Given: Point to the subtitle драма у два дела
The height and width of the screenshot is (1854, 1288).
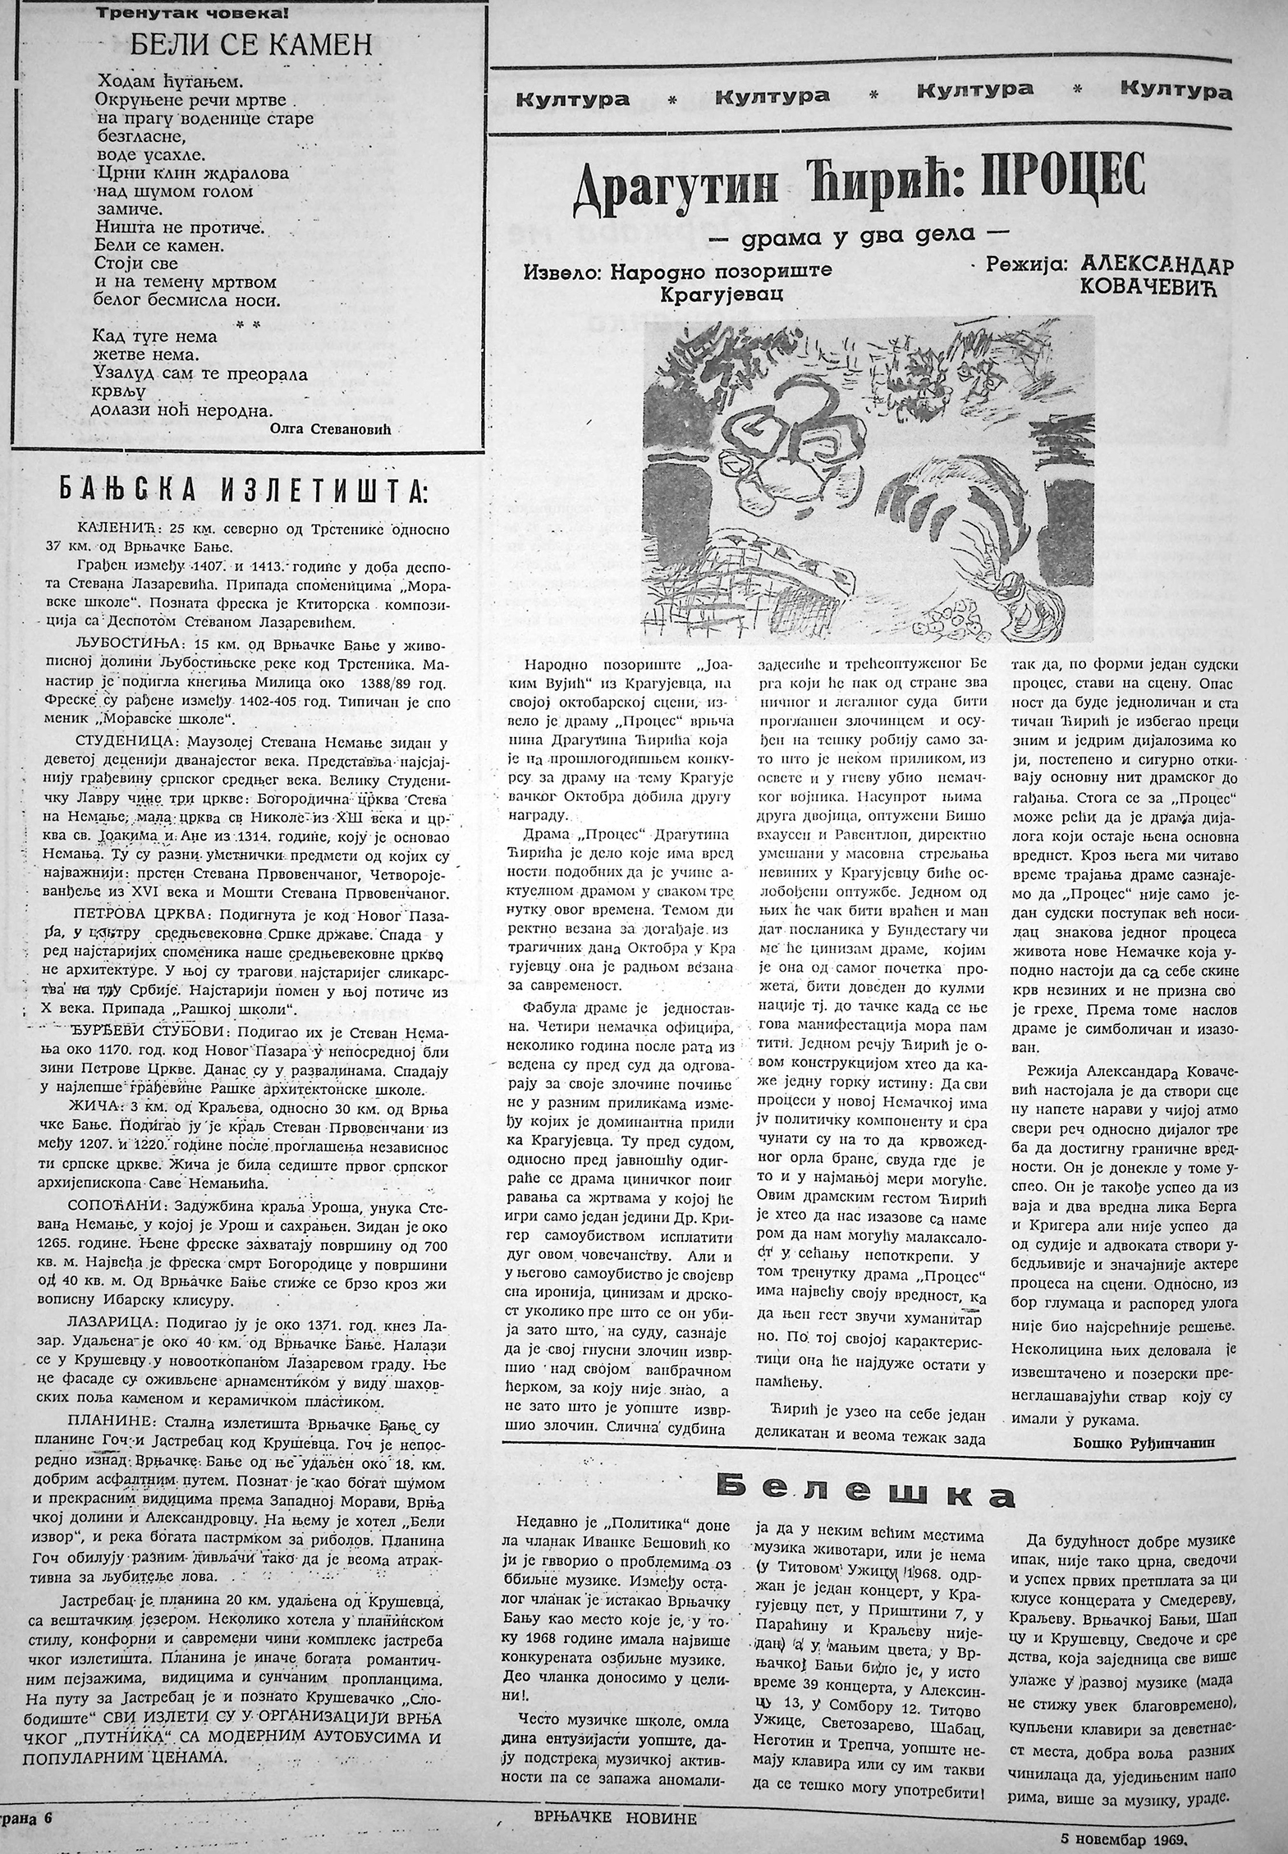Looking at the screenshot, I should coord(859,234).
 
